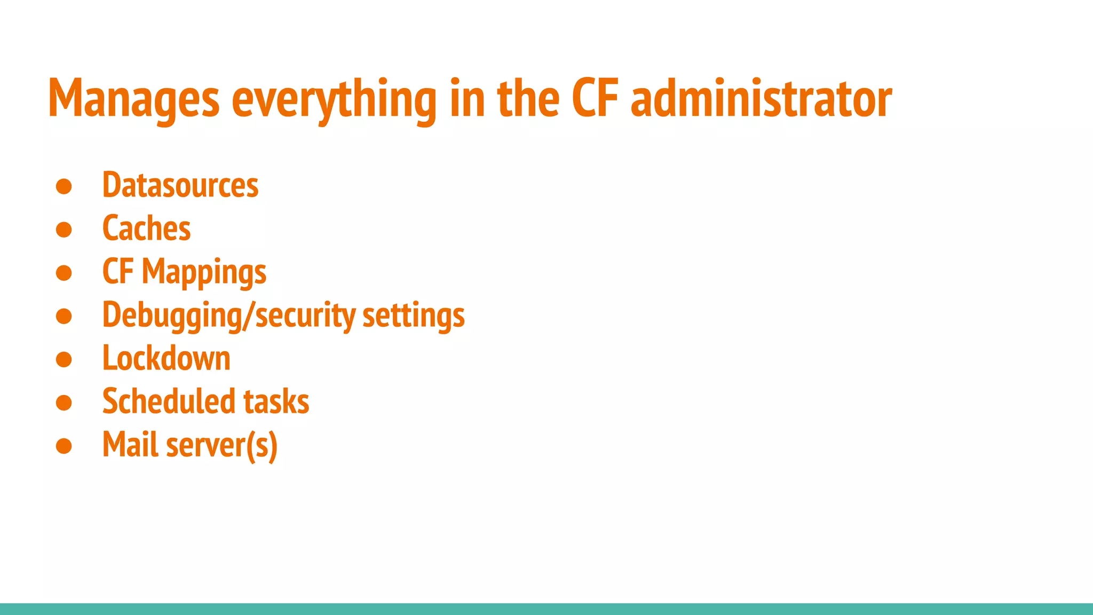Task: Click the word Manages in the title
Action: (x=133, y=99)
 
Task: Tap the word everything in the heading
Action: (x=334, y=99)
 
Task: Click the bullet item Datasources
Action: (x=180, y=185)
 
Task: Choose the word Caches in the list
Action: (x=146, y=228)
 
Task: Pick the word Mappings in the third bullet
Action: (x=204, y=273)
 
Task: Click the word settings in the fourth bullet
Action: (x=414, y=316)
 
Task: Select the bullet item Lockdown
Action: (x=166, y=358)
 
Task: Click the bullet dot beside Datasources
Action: (x=64, y=186)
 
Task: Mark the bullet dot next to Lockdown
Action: (x=64, y=359)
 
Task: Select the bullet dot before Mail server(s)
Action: (x=64, y=446)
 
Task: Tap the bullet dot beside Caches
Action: (x=64, y=230)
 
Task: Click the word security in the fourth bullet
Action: (x=305, y=316)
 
